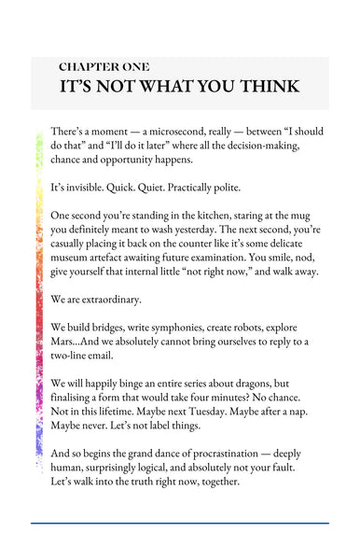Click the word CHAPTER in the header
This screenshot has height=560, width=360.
coord(89,67)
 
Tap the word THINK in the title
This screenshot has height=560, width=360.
coord(265,87)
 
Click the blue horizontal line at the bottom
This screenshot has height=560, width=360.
coord(179,524)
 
